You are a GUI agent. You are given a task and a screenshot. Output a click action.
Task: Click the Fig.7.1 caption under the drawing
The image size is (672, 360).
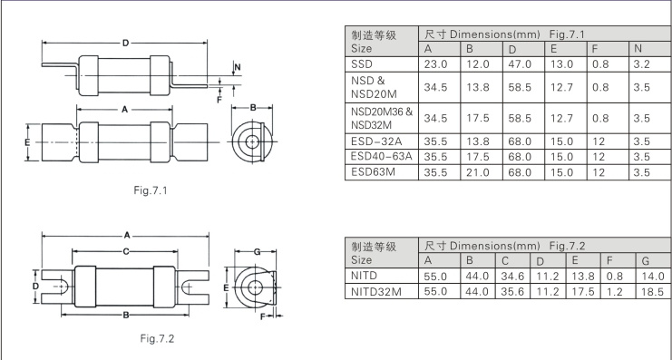150,190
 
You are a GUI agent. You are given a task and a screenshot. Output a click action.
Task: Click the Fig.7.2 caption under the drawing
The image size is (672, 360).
157,338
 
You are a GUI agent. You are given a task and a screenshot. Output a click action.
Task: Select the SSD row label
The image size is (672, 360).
362,64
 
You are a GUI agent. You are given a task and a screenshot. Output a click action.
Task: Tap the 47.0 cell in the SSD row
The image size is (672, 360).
520,64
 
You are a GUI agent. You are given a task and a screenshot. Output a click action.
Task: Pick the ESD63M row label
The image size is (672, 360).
373,172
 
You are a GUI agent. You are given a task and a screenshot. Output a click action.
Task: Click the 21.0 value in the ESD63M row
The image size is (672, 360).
478,172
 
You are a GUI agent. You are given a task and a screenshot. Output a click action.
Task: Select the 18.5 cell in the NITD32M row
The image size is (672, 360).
653,292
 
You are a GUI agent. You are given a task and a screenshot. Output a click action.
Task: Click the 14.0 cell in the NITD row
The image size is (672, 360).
653,277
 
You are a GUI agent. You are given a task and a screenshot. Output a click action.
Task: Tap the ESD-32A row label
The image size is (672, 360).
376,141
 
